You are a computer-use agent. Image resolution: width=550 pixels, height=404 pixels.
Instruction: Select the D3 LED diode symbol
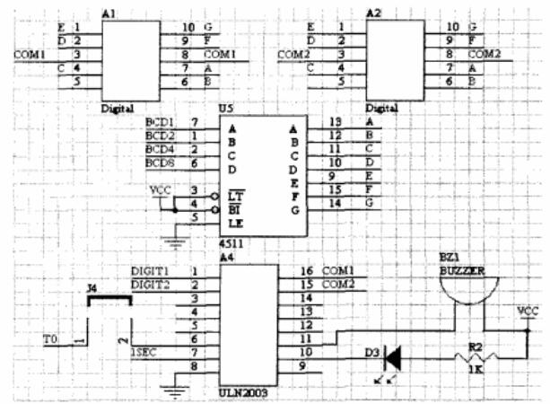pyautogui.click(x=391, y=356)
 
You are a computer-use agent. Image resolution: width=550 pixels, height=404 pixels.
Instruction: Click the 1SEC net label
pyautogui.click(x=144, y=351)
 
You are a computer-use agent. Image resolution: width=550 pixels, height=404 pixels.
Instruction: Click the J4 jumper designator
pyautogui.click(x=92, y=288)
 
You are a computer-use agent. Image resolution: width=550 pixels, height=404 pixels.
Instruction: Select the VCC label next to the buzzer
pyautogui.click(x=528, y=312)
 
